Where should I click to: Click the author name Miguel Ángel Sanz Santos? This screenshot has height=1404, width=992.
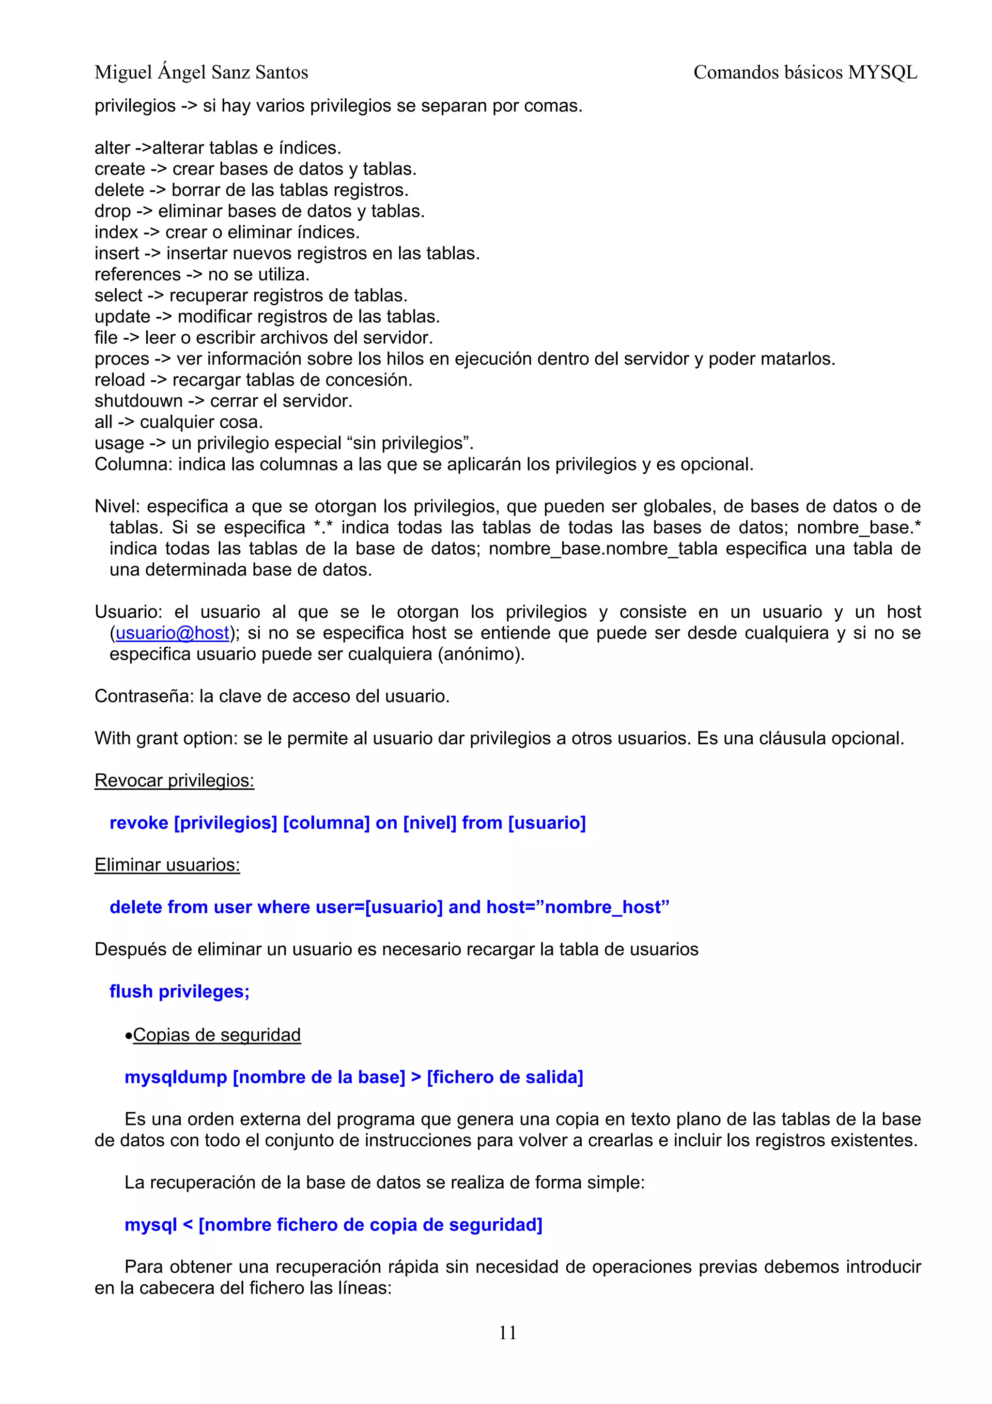[201, 73]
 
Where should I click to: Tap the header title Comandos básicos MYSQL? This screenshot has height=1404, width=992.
[805, 73]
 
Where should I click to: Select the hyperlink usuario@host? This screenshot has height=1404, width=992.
[172, 633]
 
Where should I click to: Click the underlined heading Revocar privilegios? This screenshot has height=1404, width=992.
[174, 781]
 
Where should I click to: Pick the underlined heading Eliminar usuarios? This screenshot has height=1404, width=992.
[167, 865]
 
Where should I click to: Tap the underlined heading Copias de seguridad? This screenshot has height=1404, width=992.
[217, 1035]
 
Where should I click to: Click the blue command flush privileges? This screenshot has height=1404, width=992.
[179, 991]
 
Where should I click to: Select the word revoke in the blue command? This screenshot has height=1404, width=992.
[139, 823]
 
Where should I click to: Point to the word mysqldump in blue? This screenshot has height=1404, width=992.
[176, 1077]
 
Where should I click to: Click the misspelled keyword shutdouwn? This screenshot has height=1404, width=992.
[138, 401]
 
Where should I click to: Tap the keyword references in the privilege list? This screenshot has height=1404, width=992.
[138, 275]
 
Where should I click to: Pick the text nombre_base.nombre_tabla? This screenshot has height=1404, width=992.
[603, 548]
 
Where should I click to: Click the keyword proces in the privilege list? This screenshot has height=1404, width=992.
[122, 359]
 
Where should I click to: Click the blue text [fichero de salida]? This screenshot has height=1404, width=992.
[505, 1077]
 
